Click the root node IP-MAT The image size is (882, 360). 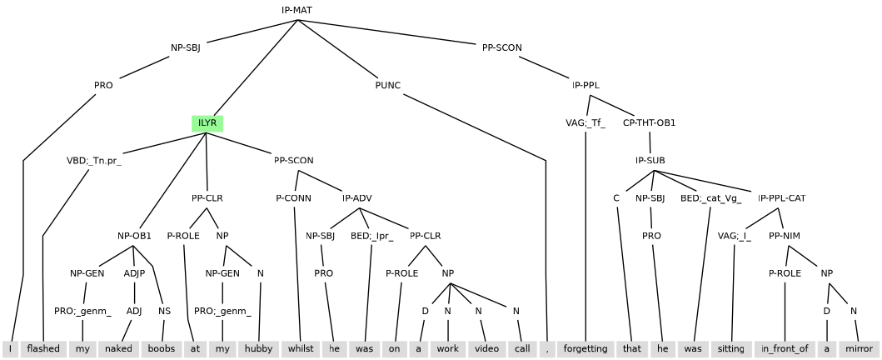(297, 10)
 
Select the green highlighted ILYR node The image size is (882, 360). (207, 123)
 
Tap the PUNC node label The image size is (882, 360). (388, 85)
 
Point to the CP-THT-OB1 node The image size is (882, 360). (650, 123)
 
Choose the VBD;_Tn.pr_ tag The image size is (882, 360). (94, 161)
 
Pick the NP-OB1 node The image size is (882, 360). (134, 236)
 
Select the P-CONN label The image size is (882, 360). (294, 198)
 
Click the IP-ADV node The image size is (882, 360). (357, 198)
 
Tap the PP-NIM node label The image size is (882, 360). (785, 236)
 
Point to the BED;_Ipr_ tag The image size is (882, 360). (372, 236)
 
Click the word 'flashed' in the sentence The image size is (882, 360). (43, 348)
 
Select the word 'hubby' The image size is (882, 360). (260, 348)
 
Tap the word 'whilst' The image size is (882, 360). (297, 348)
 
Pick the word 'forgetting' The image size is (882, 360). (586, 348)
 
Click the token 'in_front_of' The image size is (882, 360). (785, 348)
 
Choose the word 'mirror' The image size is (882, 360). (858, 348)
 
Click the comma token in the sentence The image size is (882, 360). (547, 348)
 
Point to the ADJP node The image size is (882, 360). (134, 273)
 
